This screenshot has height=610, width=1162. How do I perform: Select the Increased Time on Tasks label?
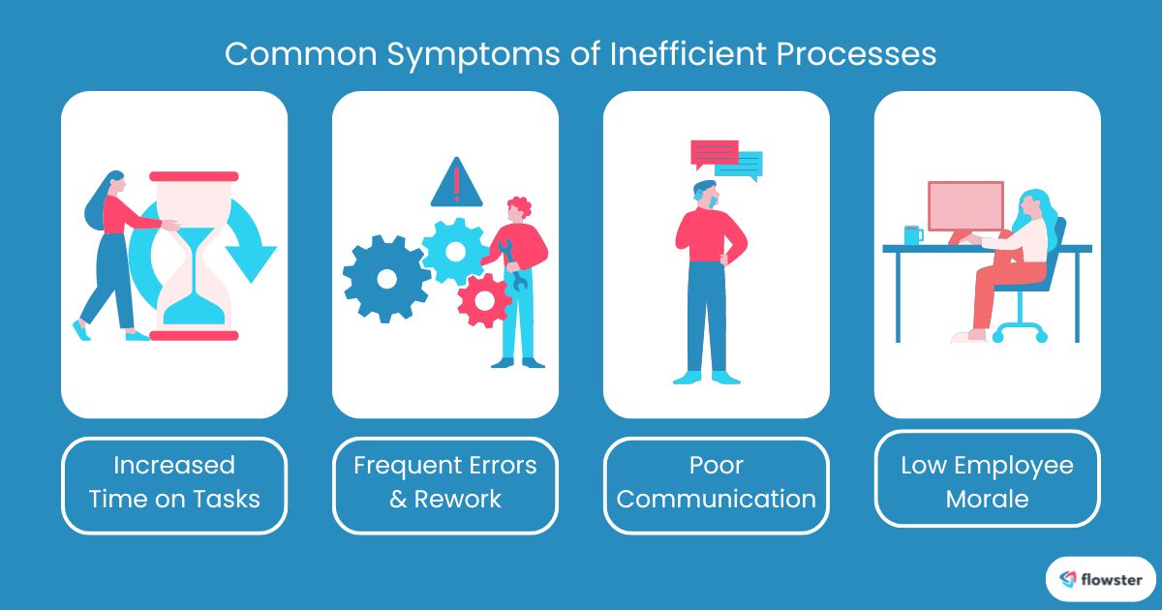coord(174,482)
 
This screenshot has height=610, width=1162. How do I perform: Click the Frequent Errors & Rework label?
coord(445,482)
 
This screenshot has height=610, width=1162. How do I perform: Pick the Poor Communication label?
coord(717,482)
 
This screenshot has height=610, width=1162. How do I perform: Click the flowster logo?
coord(1101,580)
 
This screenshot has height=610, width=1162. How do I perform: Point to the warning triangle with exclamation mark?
coord(456,183)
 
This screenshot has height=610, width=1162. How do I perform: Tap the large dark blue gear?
coord(386,278)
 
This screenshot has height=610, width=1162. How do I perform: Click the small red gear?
coord(483,300)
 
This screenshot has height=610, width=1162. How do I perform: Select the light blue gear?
coord(455,250)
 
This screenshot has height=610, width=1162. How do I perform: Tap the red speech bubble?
coord(715,153)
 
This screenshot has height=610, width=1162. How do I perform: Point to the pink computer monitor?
coord(964,205)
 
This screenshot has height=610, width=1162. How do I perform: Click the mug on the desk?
coord(912,234)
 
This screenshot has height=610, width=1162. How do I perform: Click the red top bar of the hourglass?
coord(194,176)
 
